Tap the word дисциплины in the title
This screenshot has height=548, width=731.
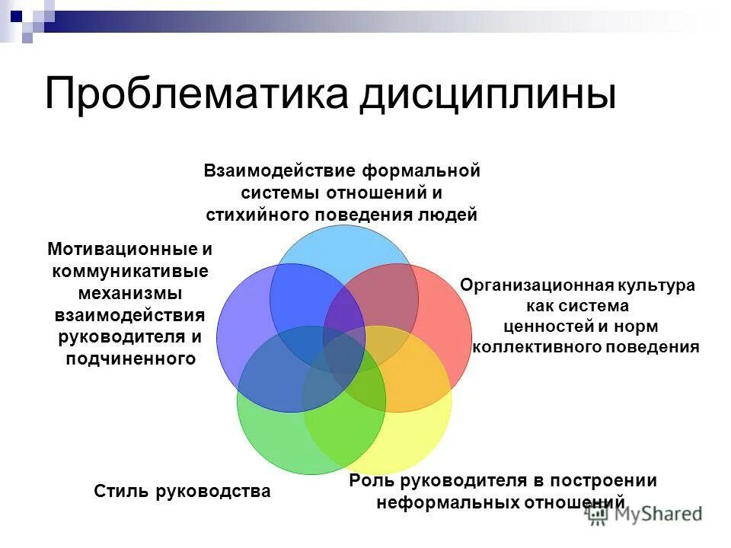point(487,94)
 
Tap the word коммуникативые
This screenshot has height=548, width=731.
point(129,271)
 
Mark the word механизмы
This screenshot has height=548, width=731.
point(129,293)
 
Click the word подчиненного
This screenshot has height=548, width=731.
point(129,358)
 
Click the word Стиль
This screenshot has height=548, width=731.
point(122,491)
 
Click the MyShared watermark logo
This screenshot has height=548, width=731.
point(644,515)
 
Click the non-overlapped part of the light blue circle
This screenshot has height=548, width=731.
point(343,244)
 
